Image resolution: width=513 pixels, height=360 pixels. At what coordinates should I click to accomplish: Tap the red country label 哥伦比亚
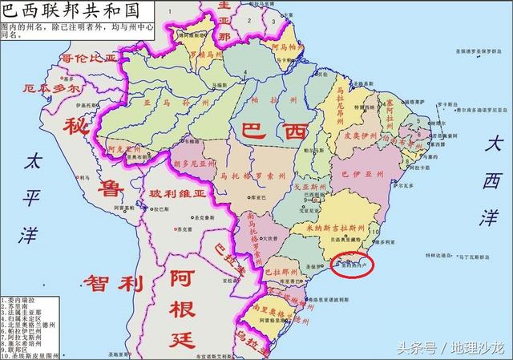[89, 57]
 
